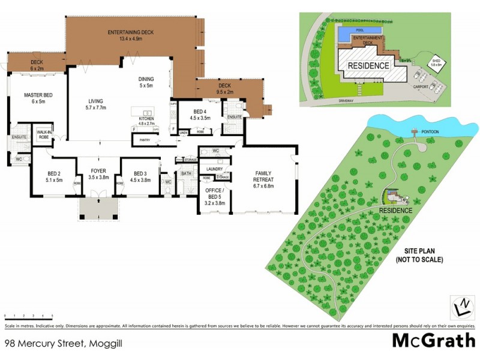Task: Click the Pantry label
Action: pos(144,140)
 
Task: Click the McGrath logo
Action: pos(433,341)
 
